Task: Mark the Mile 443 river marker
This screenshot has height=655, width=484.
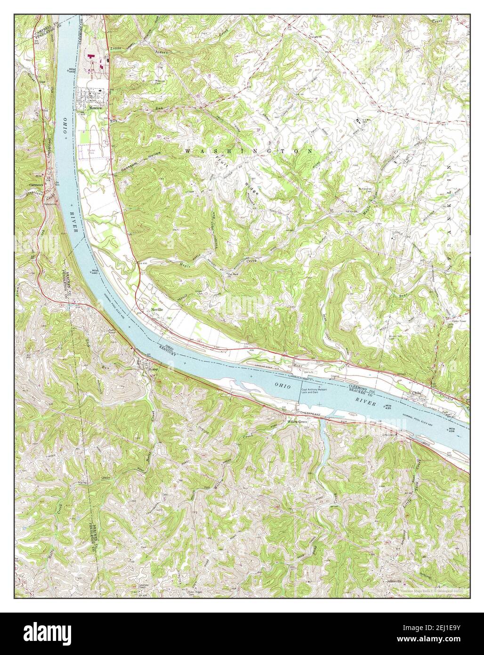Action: click(72, 70)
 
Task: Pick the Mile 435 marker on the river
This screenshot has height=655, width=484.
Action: click(388, 406)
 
